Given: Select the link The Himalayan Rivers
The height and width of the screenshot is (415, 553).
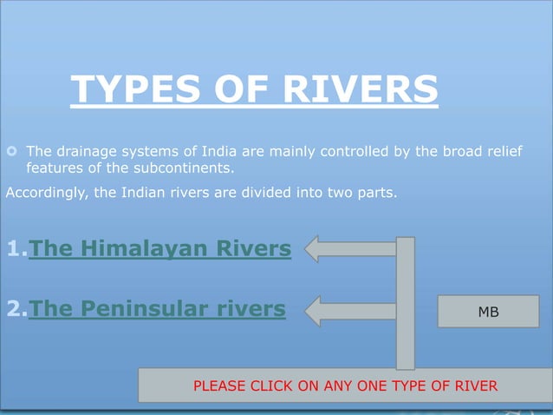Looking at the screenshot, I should [x=160, y=249].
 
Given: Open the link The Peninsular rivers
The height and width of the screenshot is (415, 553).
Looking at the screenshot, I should [x=157, y=308].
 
